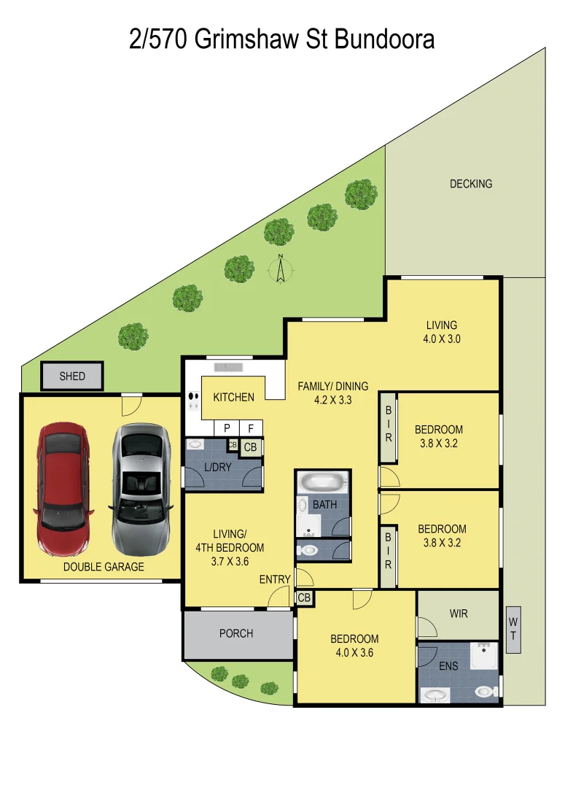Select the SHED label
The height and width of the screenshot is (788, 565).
pos(72,376)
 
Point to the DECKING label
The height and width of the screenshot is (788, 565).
pos(470,184)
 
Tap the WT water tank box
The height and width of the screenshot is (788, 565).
pos(513,630)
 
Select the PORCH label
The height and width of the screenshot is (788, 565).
pos(236,633)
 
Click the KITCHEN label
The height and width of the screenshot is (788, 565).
pos(233,398)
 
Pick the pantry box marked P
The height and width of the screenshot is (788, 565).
pos(227,429)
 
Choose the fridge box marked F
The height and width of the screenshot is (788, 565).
pos(251,429)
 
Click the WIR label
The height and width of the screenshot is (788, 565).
pos(459,614)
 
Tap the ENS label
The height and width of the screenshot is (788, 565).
pos(448,666)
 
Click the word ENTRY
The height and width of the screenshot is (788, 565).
pos(275,580)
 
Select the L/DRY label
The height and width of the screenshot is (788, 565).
pos(218,468)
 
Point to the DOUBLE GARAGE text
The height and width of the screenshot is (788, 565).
pos(104,567)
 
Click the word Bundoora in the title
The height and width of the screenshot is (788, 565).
pos(384,39)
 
